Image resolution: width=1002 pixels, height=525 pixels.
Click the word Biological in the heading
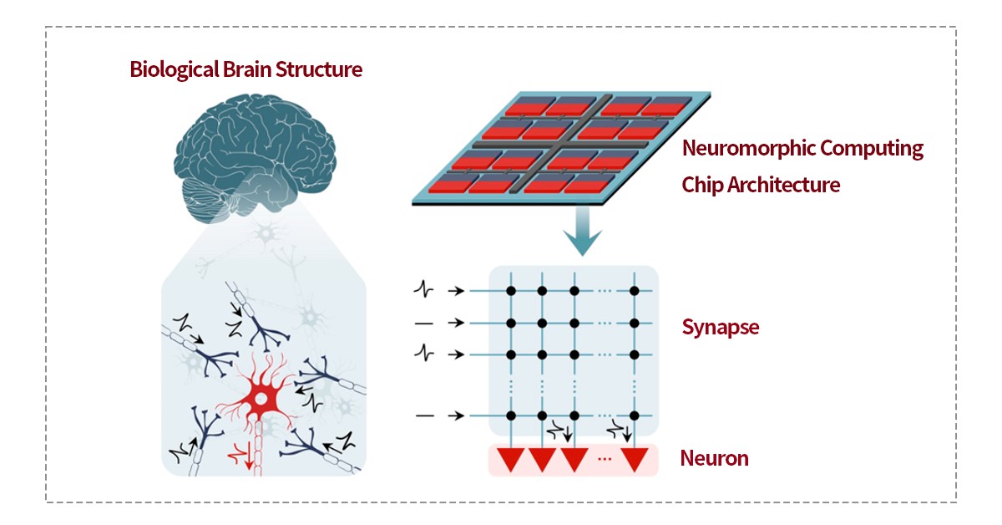(170, 69)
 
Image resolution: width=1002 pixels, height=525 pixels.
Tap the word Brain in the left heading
(243, 69)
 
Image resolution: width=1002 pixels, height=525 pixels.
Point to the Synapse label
(721, 326)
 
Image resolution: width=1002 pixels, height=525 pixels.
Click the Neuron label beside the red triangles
(714, 458)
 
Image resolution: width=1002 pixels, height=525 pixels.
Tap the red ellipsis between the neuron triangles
(605, 460)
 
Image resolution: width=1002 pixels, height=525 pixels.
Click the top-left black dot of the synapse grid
(509, 290)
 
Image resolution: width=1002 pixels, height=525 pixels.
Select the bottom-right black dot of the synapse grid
(635, 415)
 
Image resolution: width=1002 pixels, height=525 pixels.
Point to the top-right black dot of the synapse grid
(635, 290)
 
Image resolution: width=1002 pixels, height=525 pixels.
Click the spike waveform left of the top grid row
(425, 290)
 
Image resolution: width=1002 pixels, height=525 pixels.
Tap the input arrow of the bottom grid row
(455, 415)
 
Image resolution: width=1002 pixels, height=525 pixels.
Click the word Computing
(873, 149)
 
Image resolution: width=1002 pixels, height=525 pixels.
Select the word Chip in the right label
(702, 185)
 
